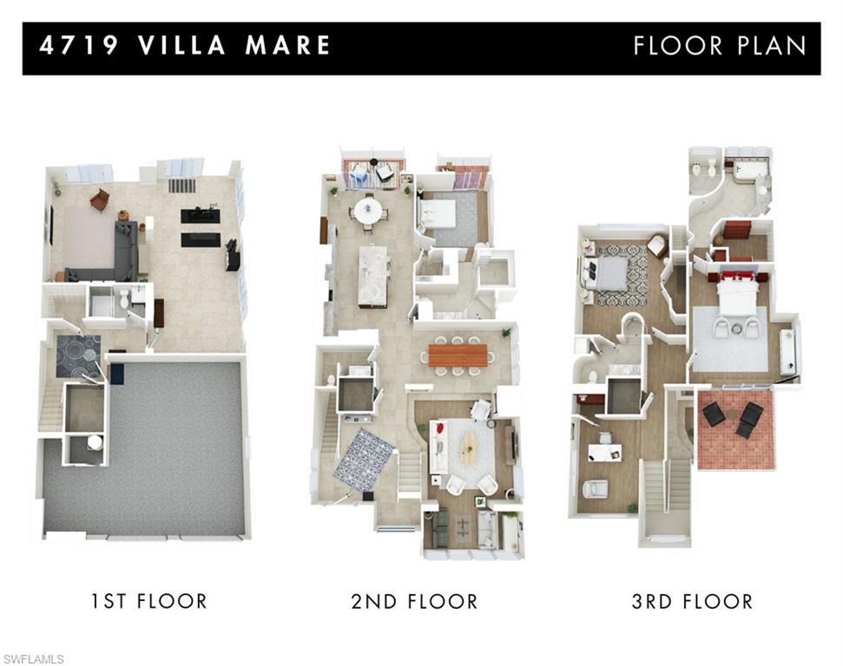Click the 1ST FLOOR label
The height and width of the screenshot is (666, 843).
148,601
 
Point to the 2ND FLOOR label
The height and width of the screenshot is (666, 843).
414,601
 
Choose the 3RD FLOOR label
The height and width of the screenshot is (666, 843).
692,601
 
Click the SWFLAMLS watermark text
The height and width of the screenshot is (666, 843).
33,660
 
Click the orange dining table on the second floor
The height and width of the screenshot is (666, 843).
458,355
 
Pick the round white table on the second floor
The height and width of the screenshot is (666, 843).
368,210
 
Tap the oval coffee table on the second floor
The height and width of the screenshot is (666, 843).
468,449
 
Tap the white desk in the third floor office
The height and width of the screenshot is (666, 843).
605,451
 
